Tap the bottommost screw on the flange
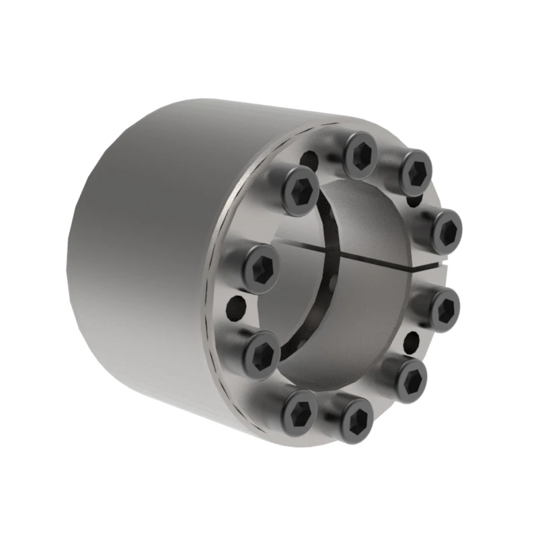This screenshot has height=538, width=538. point(356,420)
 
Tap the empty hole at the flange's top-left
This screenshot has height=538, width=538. point(309,160)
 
